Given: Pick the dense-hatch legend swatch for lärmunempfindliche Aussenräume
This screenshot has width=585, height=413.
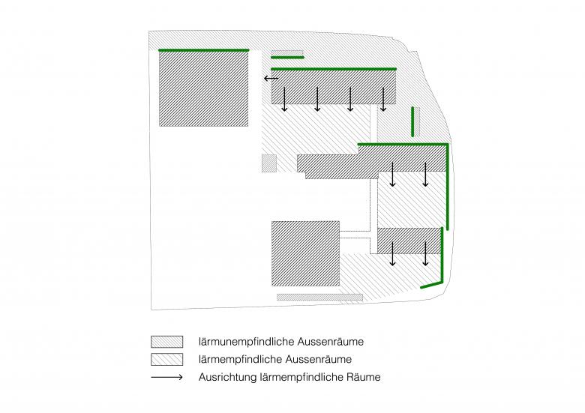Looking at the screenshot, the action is (166, 342).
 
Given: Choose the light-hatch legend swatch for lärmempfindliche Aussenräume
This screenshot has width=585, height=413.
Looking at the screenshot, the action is (166, 359).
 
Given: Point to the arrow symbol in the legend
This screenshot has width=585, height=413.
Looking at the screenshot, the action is (166, 377).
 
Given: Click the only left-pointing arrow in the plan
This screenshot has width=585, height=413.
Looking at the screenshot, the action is (271, 78).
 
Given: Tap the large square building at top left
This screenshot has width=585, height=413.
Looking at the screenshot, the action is (204, 88).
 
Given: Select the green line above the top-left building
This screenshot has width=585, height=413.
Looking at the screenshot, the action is (204, 50).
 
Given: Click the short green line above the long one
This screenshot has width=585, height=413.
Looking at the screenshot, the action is (287, 58).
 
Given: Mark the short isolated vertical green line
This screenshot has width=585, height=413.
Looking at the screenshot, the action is (412, 121).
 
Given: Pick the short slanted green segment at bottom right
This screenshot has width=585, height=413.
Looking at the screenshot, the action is (432, 285).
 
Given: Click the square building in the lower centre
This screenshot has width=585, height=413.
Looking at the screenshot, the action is (305, 253).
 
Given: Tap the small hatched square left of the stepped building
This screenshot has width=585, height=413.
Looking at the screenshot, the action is (269, 163).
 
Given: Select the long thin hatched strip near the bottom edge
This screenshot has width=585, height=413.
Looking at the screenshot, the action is (319, 297).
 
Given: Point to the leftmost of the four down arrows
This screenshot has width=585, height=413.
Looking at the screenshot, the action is (284, 99).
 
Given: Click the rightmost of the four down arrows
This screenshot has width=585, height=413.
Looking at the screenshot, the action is (383, 99).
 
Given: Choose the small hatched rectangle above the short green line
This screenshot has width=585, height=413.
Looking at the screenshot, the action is (287, 53).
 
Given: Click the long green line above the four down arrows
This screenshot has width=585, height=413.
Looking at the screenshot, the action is (334, 69).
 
